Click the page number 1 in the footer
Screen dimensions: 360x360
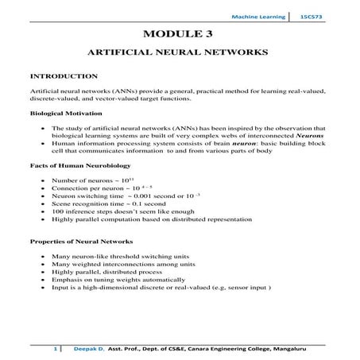[54, 348]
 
